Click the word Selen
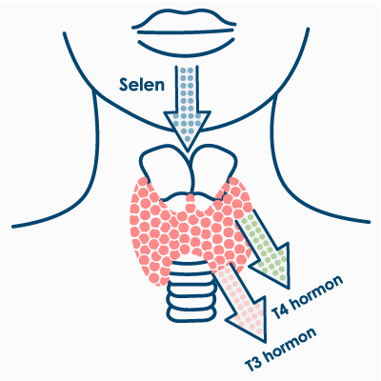pos(142,85)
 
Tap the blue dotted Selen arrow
pos(187,108)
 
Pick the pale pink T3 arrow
pos(242,302)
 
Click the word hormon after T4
pos(317,291)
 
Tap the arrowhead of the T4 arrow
pos(276,267)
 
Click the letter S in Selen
pos(125,85)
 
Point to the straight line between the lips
pos(187,32)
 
